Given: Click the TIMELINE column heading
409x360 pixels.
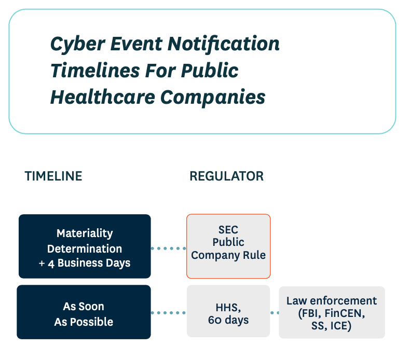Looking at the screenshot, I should (x=53, y=176).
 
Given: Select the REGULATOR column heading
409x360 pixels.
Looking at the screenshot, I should (x=226, y=176).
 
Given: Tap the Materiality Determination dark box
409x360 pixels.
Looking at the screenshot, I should (x=85, y=247).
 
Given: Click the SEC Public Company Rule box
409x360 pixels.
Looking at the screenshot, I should (x=228, y=246).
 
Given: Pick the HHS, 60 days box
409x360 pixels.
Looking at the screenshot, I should (x=228, y=312).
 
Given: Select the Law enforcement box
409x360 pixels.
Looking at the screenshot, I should (x=332, y=312).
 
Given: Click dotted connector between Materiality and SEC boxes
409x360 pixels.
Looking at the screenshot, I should (x=168, y=248).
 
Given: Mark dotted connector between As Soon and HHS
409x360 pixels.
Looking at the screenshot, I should (x=168, y=313).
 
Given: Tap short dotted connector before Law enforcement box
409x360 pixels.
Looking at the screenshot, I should (x=275, y=313).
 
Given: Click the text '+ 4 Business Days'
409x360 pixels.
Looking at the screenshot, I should (x=85, y=263).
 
